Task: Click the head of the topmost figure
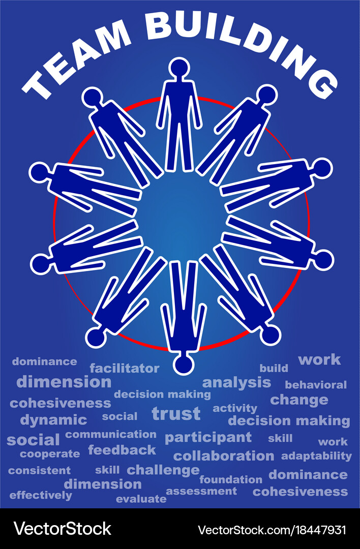point(179,68)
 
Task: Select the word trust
point(176,413)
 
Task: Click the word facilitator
point(124,369)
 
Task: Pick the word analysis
point(237,383)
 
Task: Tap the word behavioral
point(316,385)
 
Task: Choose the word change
point(299,400)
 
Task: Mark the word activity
point(235,408)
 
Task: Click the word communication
point(111,435)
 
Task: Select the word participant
point(208,438)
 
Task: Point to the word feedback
point(122,450)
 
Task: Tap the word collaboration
point(223,456)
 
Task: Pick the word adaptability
point(316,456)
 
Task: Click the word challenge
point(163,470)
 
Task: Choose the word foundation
point(231,479)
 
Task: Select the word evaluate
point(141,499)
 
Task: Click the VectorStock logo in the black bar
point(63,528)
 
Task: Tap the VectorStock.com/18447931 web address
point(272,530)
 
